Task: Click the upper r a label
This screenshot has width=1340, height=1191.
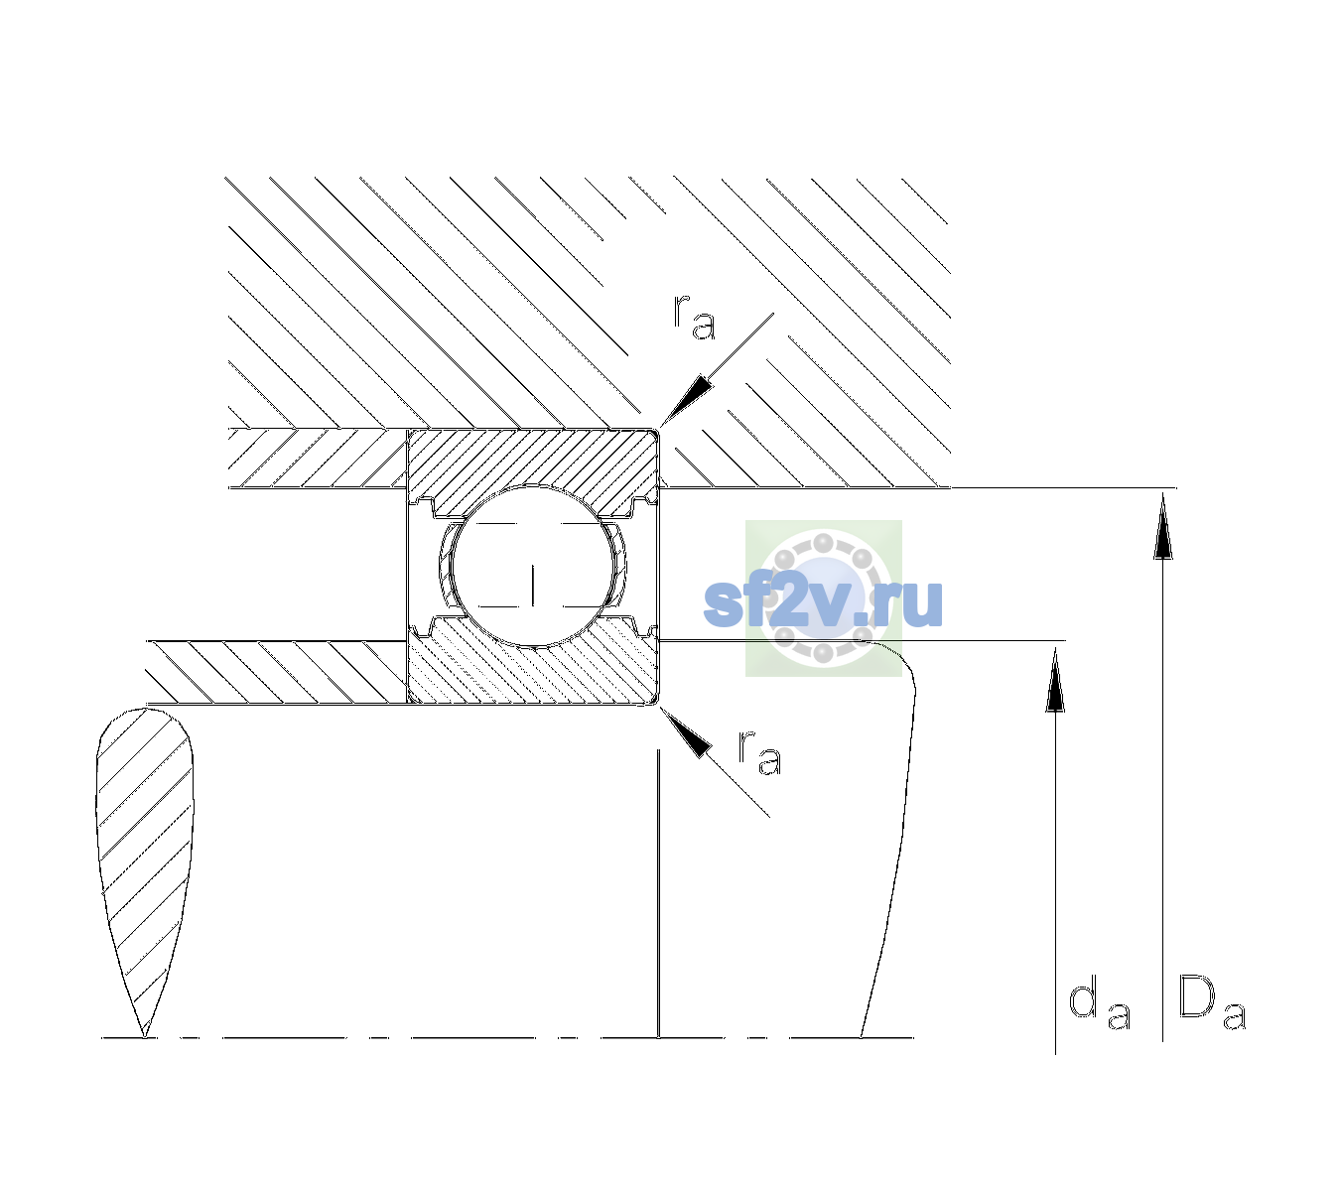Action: pos(694,318)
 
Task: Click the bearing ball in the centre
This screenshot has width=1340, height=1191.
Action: pos(533,566)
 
